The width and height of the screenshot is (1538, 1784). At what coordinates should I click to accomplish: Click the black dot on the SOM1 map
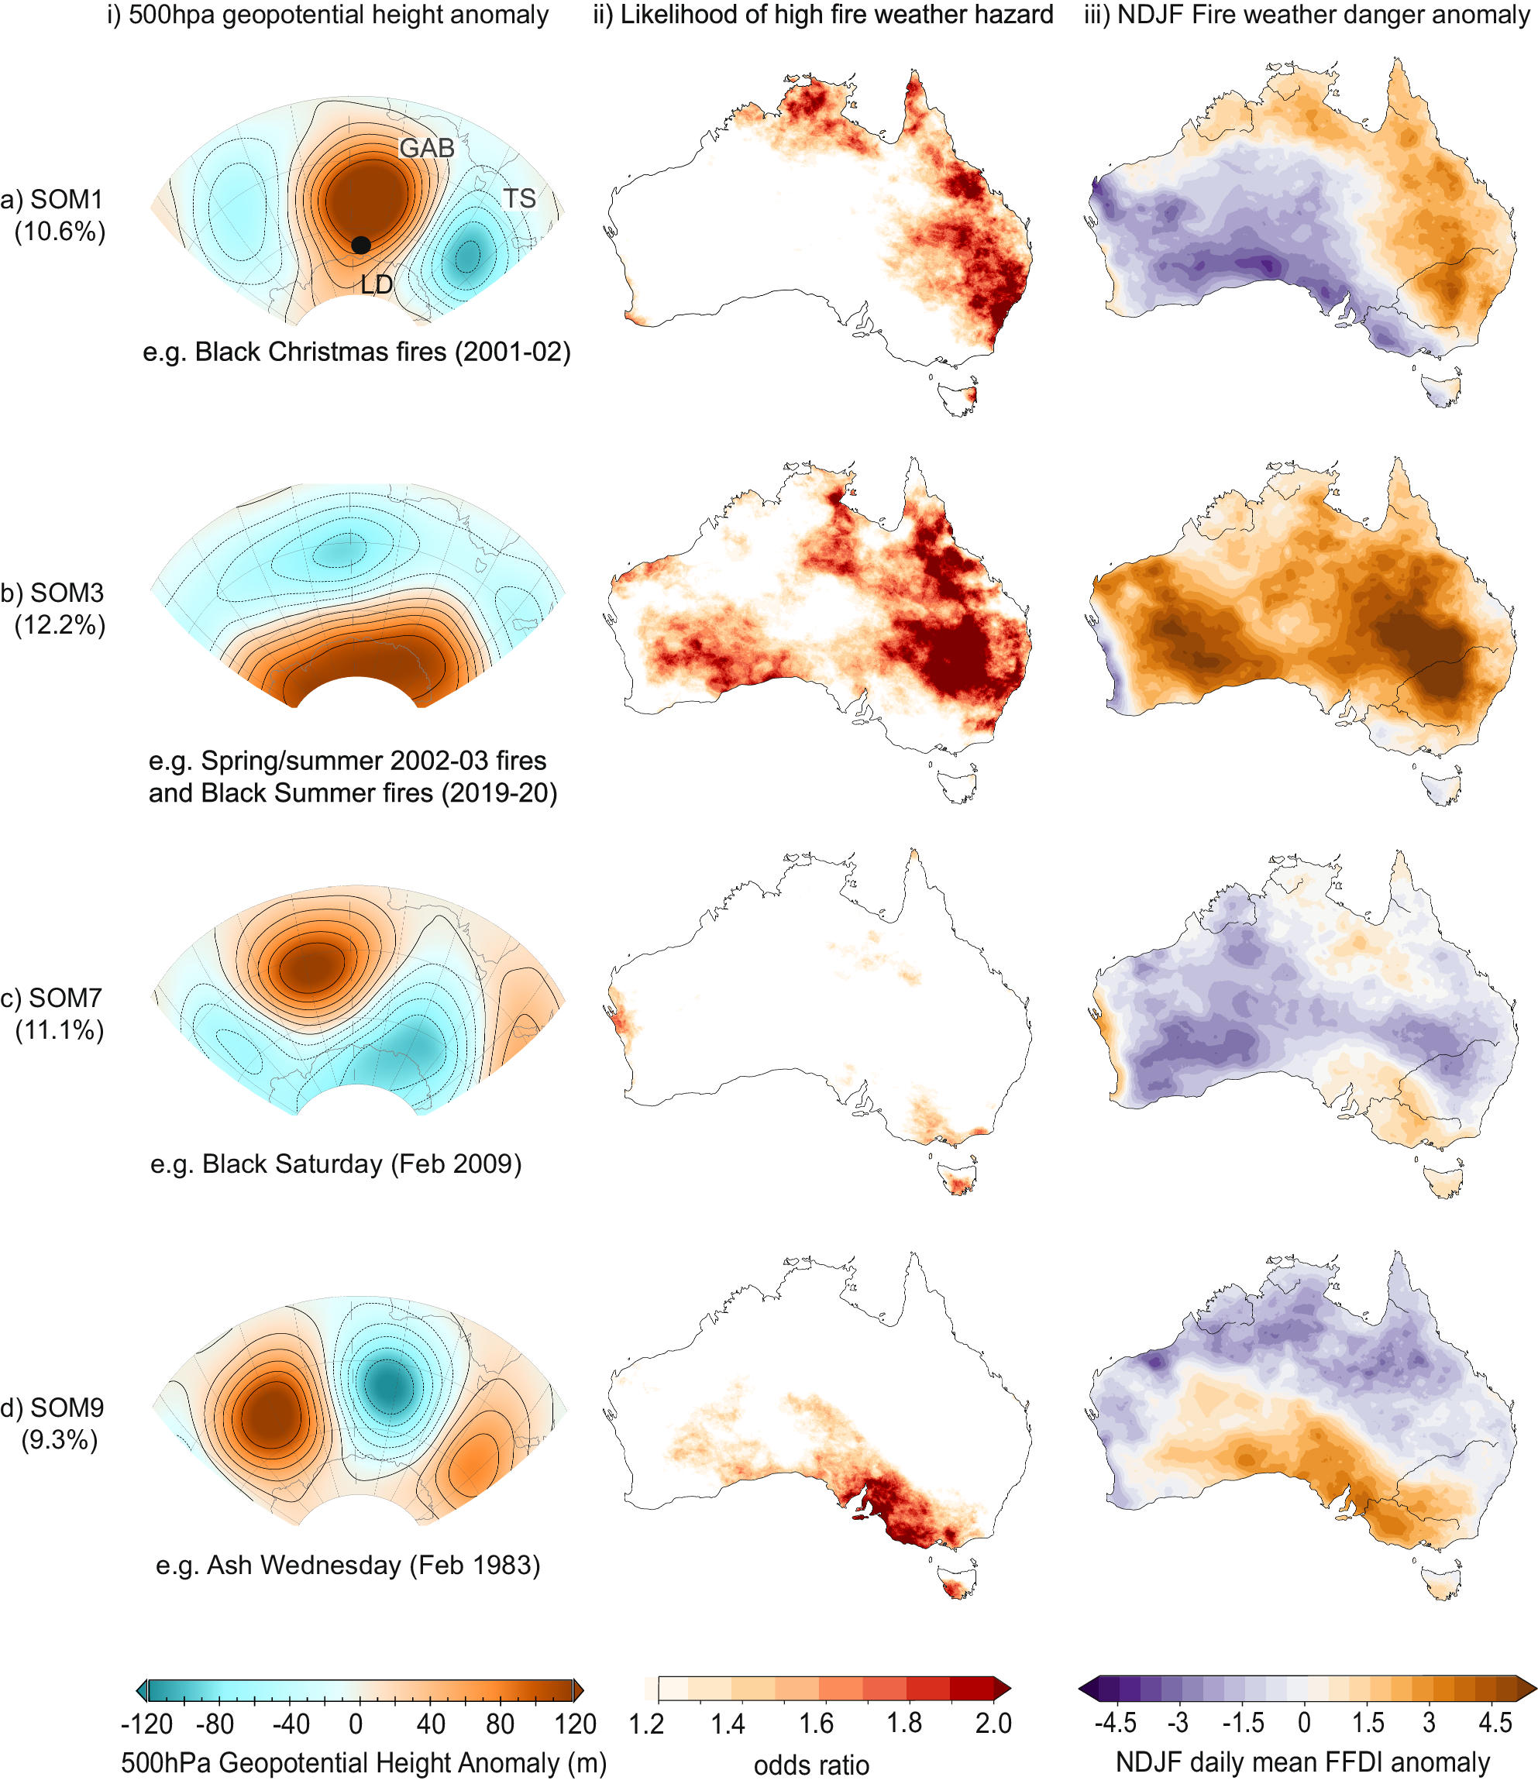pyautogui.click(x=361, y=245)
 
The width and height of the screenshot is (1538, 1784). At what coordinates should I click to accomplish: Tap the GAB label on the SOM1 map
pyautogui.click(x=426, y=148)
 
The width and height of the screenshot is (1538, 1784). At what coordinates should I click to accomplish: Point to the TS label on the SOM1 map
pyautogui.click(x=519, y=199)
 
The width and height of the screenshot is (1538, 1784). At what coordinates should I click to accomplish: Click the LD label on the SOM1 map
pyautogui.click(x=377, y=284)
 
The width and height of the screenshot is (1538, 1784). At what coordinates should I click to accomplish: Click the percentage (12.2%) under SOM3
pyautogui.click(x=60, y=625)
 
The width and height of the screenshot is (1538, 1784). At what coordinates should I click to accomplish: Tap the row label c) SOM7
pyautogui.click(x=52, y=998)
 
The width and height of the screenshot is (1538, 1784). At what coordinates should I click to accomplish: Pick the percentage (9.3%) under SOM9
pyautogui.click(x=60, y=1439)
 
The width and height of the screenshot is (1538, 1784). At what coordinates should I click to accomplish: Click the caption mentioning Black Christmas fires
pyautogui.click(x=356, y=352)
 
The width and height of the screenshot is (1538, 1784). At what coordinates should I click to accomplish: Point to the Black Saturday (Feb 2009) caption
pyautogui.click(x=335, y=1164)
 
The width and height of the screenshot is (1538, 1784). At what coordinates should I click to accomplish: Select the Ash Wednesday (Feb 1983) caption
pyautogui.click(x=348, y=1565)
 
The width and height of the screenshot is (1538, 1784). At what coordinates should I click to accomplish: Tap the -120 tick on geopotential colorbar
pyautogui.click(x=146, y=1724)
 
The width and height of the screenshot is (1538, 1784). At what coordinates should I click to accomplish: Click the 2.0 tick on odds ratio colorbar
pyautogui.click(x=993, y=1723)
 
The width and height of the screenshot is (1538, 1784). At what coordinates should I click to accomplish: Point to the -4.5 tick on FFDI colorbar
pyautogui.click(x=1115, y=1723)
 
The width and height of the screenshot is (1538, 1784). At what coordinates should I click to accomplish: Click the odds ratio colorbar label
pyautogui.click(x=811, y=1765)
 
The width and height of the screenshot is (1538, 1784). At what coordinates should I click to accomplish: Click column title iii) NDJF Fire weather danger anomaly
pyautogui.click(x=1306, y=15)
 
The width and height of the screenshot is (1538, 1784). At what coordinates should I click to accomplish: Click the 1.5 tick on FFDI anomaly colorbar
pyautogui.click(x=1368, y=1723)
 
